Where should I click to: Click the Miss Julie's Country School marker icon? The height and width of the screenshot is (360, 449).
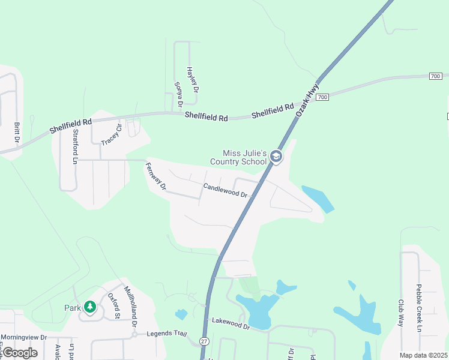tap(276, 157)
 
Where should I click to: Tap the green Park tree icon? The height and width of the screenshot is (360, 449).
tap(90, 307)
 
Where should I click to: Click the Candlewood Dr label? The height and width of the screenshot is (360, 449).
tap(225, 190)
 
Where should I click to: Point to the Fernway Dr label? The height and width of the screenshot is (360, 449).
tap(155, 178)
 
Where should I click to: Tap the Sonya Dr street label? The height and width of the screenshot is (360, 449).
tap(178, 94)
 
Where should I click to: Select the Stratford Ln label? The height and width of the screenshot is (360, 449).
tap(75, 146)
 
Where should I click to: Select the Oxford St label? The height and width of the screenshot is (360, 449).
tap(113, 306)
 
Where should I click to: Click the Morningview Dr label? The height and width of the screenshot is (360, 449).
tap(23, 337)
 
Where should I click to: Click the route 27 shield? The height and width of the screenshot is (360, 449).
tap(205, 341)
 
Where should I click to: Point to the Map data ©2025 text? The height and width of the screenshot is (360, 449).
tap(423, 355)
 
